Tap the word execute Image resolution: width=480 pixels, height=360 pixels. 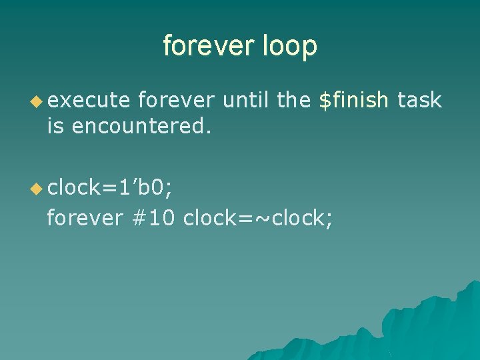pos(88,101)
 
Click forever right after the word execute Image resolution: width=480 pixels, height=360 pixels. pos(176,101)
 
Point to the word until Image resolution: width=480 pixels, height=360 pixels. pos(246,101)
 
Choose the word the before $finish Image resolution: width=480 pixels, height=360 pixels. pos(293,101)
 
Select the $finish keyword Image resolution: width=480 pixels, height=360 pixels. pos(354,101)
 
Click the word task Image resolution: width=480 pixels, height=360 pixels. pos(419,101)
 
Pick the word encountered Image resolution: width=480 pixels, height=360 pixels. pos(141,126)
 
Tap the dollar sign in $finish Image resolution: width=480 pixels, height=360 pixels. pos(325,101)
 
